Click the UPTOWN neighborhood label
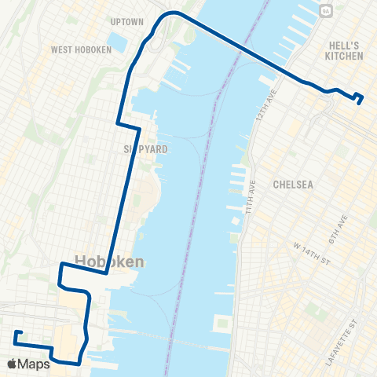click(x=128, y=22)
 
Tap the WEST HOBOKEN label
click(x=82, y=49)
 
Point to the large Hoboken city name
click(x=109, y=262)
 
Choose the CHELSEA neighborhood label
click(x=294, y=185)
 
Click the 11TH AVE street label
click(x=251, y=203)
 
